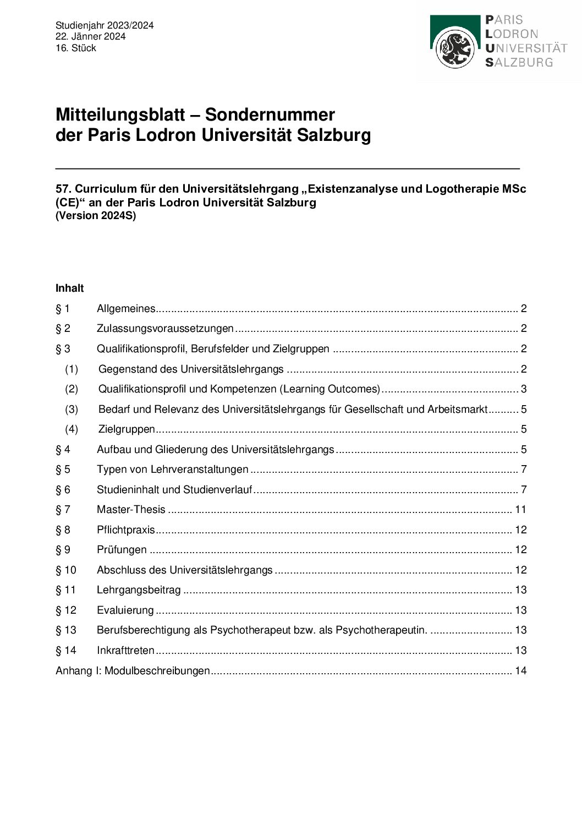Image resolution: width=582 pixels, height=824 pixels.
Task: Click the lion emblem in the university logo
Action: coord(455,48)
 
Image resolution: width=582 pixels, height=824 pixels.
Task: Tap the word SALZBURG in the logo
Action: coord(519,62)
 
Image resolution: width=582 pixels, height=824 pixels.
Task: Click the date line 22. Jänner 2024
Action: coord(90,36)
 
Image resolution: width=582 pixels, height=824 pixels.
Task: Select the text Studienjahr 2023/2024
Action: coord(105,25)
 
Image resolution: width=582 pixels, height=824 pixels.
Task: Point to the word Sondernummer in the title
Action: coord(270,114)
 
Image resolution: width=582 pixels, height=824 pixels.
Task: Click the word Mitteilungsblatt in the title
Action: coord(120,114)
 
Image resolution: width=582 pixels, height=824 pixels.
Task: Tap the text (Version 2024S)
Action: coord(96,215)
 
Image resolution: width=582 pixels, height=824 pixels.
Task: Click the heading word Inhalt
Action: coord(70,288)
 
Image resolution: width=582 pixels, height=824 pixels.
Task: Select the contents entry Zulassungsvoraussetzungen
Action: coord(165,329)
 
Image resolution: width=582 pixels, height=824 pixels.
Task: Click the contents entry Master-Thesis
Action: coord(131,510)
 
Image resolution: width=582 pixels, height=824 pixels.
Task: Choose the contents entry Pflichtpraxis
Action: coord(126,530)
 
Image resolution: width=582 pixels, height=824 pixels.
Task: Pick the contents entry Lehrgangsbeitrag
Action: coord(139,590)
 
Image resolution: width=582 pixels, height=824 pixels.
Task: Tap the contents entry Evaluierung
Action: coord(125,610)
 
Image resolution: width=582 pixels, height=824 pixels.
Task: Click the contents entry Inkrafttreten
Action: coord(125,650)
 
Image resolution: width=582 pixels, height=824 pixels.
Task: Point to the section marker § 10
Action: coord(66,570)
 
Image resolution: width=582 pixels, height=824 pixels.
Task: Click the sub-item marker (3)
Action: coord(72,409)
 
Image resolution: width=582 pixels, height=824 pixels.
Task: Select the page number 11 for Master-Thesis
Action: coord(520,510)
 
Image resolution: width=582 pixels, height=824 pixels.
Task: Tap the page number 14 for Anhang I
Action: coord(520,670)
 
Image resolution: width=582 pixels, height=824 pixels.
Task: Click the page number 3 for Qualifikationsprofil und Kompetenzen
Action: coord(524,389)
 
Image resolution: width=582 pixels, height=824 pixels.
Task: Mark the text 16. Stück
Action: coord(76,48)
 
